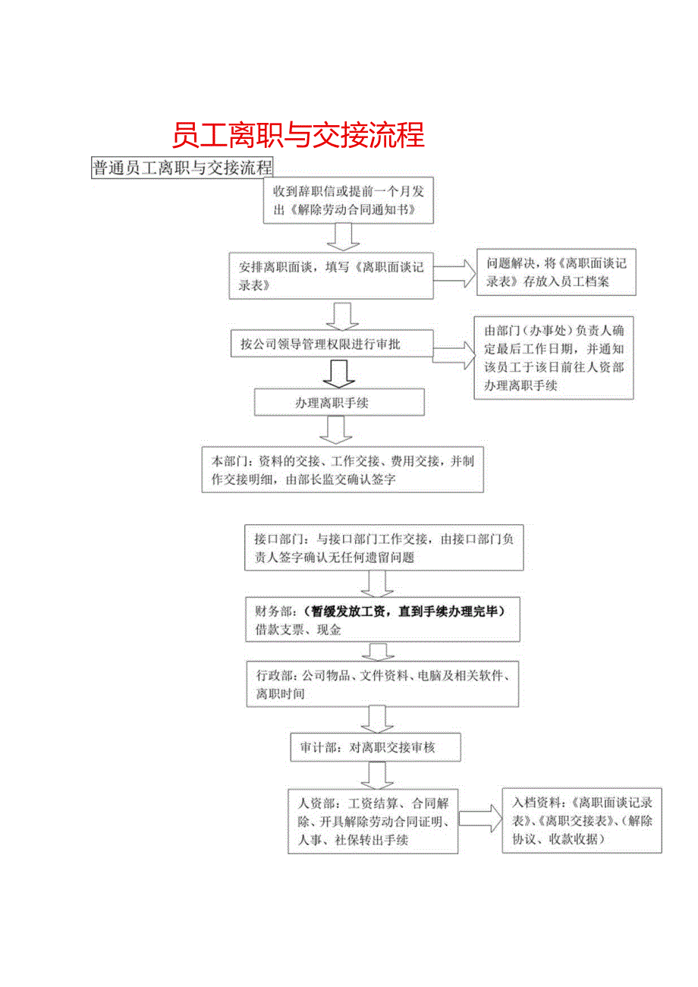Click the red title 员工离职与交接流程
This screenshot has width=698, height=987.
point(297,135)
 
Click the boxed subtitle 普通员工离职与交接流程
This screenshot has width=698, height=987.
point(182,168)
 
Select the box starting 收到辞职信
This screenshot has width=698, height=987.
point(350,200)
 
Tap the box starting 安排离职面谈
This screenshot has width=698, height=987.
point(331,278)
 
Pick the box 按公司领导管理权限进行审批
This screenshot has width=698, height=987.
point(332,344)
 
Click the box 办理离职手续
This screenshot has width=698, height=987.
point(338,403)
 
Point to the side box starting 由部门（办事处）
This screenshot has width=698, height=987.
point(553,357)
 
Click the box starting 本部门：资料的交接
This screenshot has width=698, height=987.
point(342,470)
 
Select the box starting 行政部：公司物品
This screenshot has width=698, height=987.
point(382,685)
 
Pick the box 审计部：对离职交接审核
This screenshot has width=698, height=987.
point(376,747)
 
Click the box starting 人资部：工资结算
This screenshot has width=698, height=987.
point(373,822)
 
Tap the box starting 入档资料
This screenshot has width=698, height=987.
point(582,820)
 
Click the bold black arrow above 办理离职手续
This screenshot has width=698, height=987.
point(338,373)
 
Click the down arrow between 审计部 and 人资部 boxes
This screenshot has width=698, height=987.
point(376,775)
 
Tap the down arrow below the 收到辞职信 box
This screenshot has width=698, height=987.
point(343,237)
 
